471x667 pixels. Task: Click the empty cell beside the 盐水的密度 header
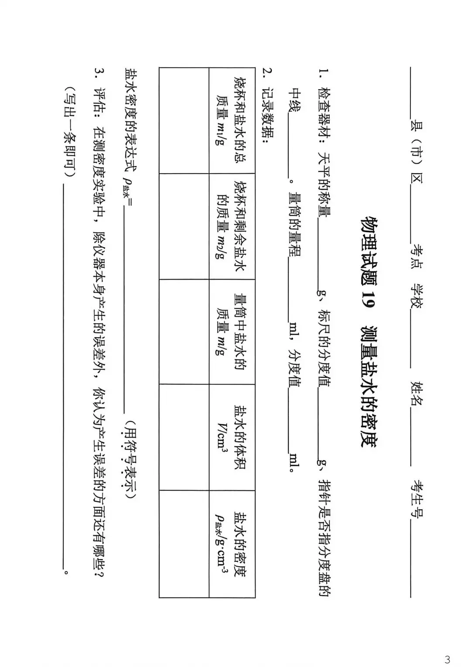point(184,544)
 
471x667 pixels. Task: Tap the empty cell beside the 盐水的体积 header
point(184,437)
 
